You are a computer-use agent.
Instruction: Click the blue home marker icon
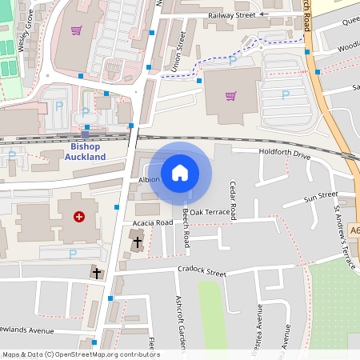pos(180,172)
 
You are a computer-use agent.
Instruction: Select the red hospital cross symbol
pos(79,216)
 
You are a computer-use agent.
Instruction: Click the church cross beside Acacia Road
pos(137,241)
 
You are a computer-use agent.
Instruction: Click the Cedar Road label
pos(234,201)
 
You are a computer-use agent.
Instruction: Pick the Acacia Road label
pos(154,222)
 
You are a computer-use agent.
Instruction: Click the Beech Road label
pos(185,231)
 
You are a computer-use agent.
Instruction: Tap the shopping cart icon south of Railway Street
pos(231,96)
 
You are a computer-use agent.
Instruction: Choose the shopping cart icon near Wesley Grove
pos(76,30)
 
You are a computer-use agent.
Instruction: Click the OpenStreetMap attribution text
pos(81,354)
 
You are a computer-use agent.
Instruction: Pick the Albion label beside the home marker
pos(150,180)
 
